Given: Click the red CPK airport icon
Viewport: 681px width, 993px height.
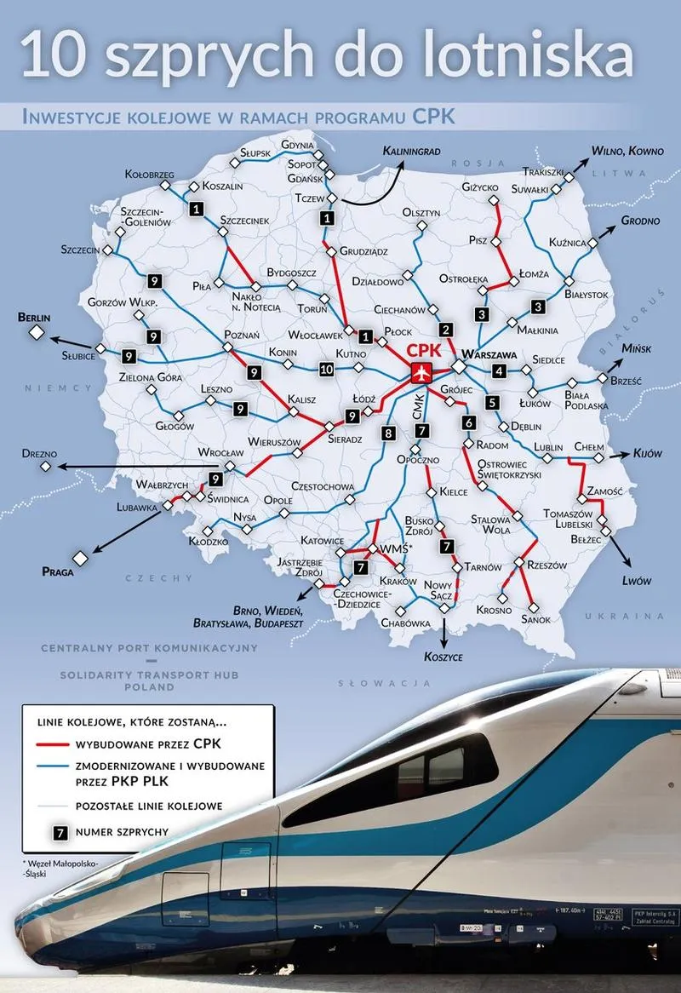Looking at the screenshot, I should (421, 372).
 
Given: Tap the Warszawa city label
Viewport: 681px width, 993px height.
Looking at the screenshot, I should (489, 353).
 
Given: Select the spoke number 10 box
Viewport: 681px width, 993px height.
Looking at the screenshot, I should (326, 370).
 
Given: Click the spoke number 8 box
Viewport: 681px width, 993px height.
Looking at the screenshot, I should (389, 433).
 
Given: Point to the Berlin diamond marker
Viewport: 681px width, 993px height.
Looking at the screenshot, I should (37, 333).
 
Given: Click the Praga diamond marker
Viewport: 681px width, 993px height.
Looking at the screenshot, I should (80, 558).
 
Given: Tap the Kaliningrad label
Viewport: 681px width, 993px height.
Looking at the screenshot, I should (412, 151).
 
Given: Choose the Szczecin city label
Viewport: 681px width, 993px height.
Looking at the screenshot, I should (81, 250).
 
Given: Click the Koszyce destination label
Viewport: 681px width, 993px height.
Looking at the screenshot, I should (444, 657).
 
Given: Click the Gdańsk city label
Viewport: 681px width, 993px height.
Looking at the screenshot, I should (304, 179).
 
